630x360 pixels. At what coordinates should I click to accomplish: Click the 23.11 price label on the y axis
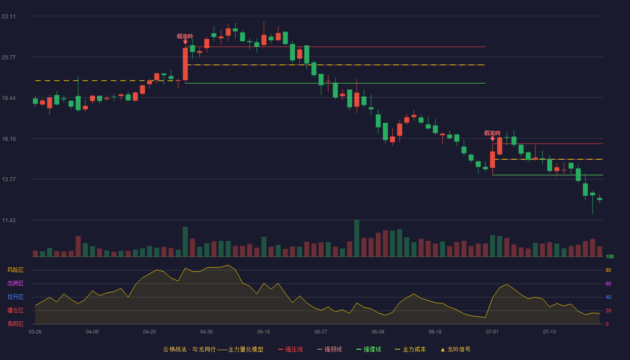click(9, 17)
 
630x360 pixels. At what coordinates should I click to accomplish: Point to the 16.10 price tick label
click(9, 139)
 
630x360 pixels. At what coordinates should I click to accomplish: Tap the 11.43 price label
click(9, 220)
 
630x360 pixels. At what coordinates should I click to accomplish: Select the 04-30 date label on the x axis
click(207, 332)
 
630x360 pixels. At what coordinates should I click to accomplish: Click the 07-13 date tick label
click(549, 332)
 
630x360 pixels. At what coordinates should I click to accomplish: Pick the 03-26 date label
click(35, 332)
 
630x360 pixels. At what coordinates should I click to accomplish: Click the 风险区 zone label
click(15, 270)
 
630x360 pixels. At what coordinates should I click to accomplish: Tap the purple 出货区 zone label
click(15, 283)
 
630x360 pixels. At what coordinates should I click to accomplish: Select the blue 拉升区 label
click(15, 297)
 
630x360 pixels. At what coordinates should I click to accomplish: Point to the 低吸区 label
click(15, 324)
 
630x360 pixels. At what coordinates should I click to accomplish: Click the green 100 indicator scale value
click(610, 256)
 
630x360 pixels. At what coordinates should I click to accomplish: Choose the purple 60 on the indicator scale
click(608, 283)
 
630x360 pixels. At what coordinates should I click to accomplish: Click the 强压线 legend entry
click(291, 349)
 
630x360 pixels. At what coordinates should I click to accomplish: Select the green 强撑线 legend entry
click(369, 349)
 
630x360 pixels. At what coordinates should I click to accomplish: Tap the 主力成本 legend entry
click(410, 349)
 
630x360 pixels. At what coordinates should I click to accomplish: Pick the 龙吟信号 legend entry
click(455, 349)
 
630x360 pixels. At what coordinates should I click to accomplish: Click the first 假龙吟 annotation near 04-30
click(185, 36)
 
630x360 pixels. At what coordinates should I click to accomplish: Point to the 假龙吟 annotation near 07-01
click(492, 133)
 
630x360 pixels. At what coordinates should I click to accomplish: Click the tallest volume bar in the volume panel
click(356, 238)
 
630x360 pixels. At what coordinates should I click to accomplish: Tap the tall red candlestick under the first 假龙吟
click(185, 64)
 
